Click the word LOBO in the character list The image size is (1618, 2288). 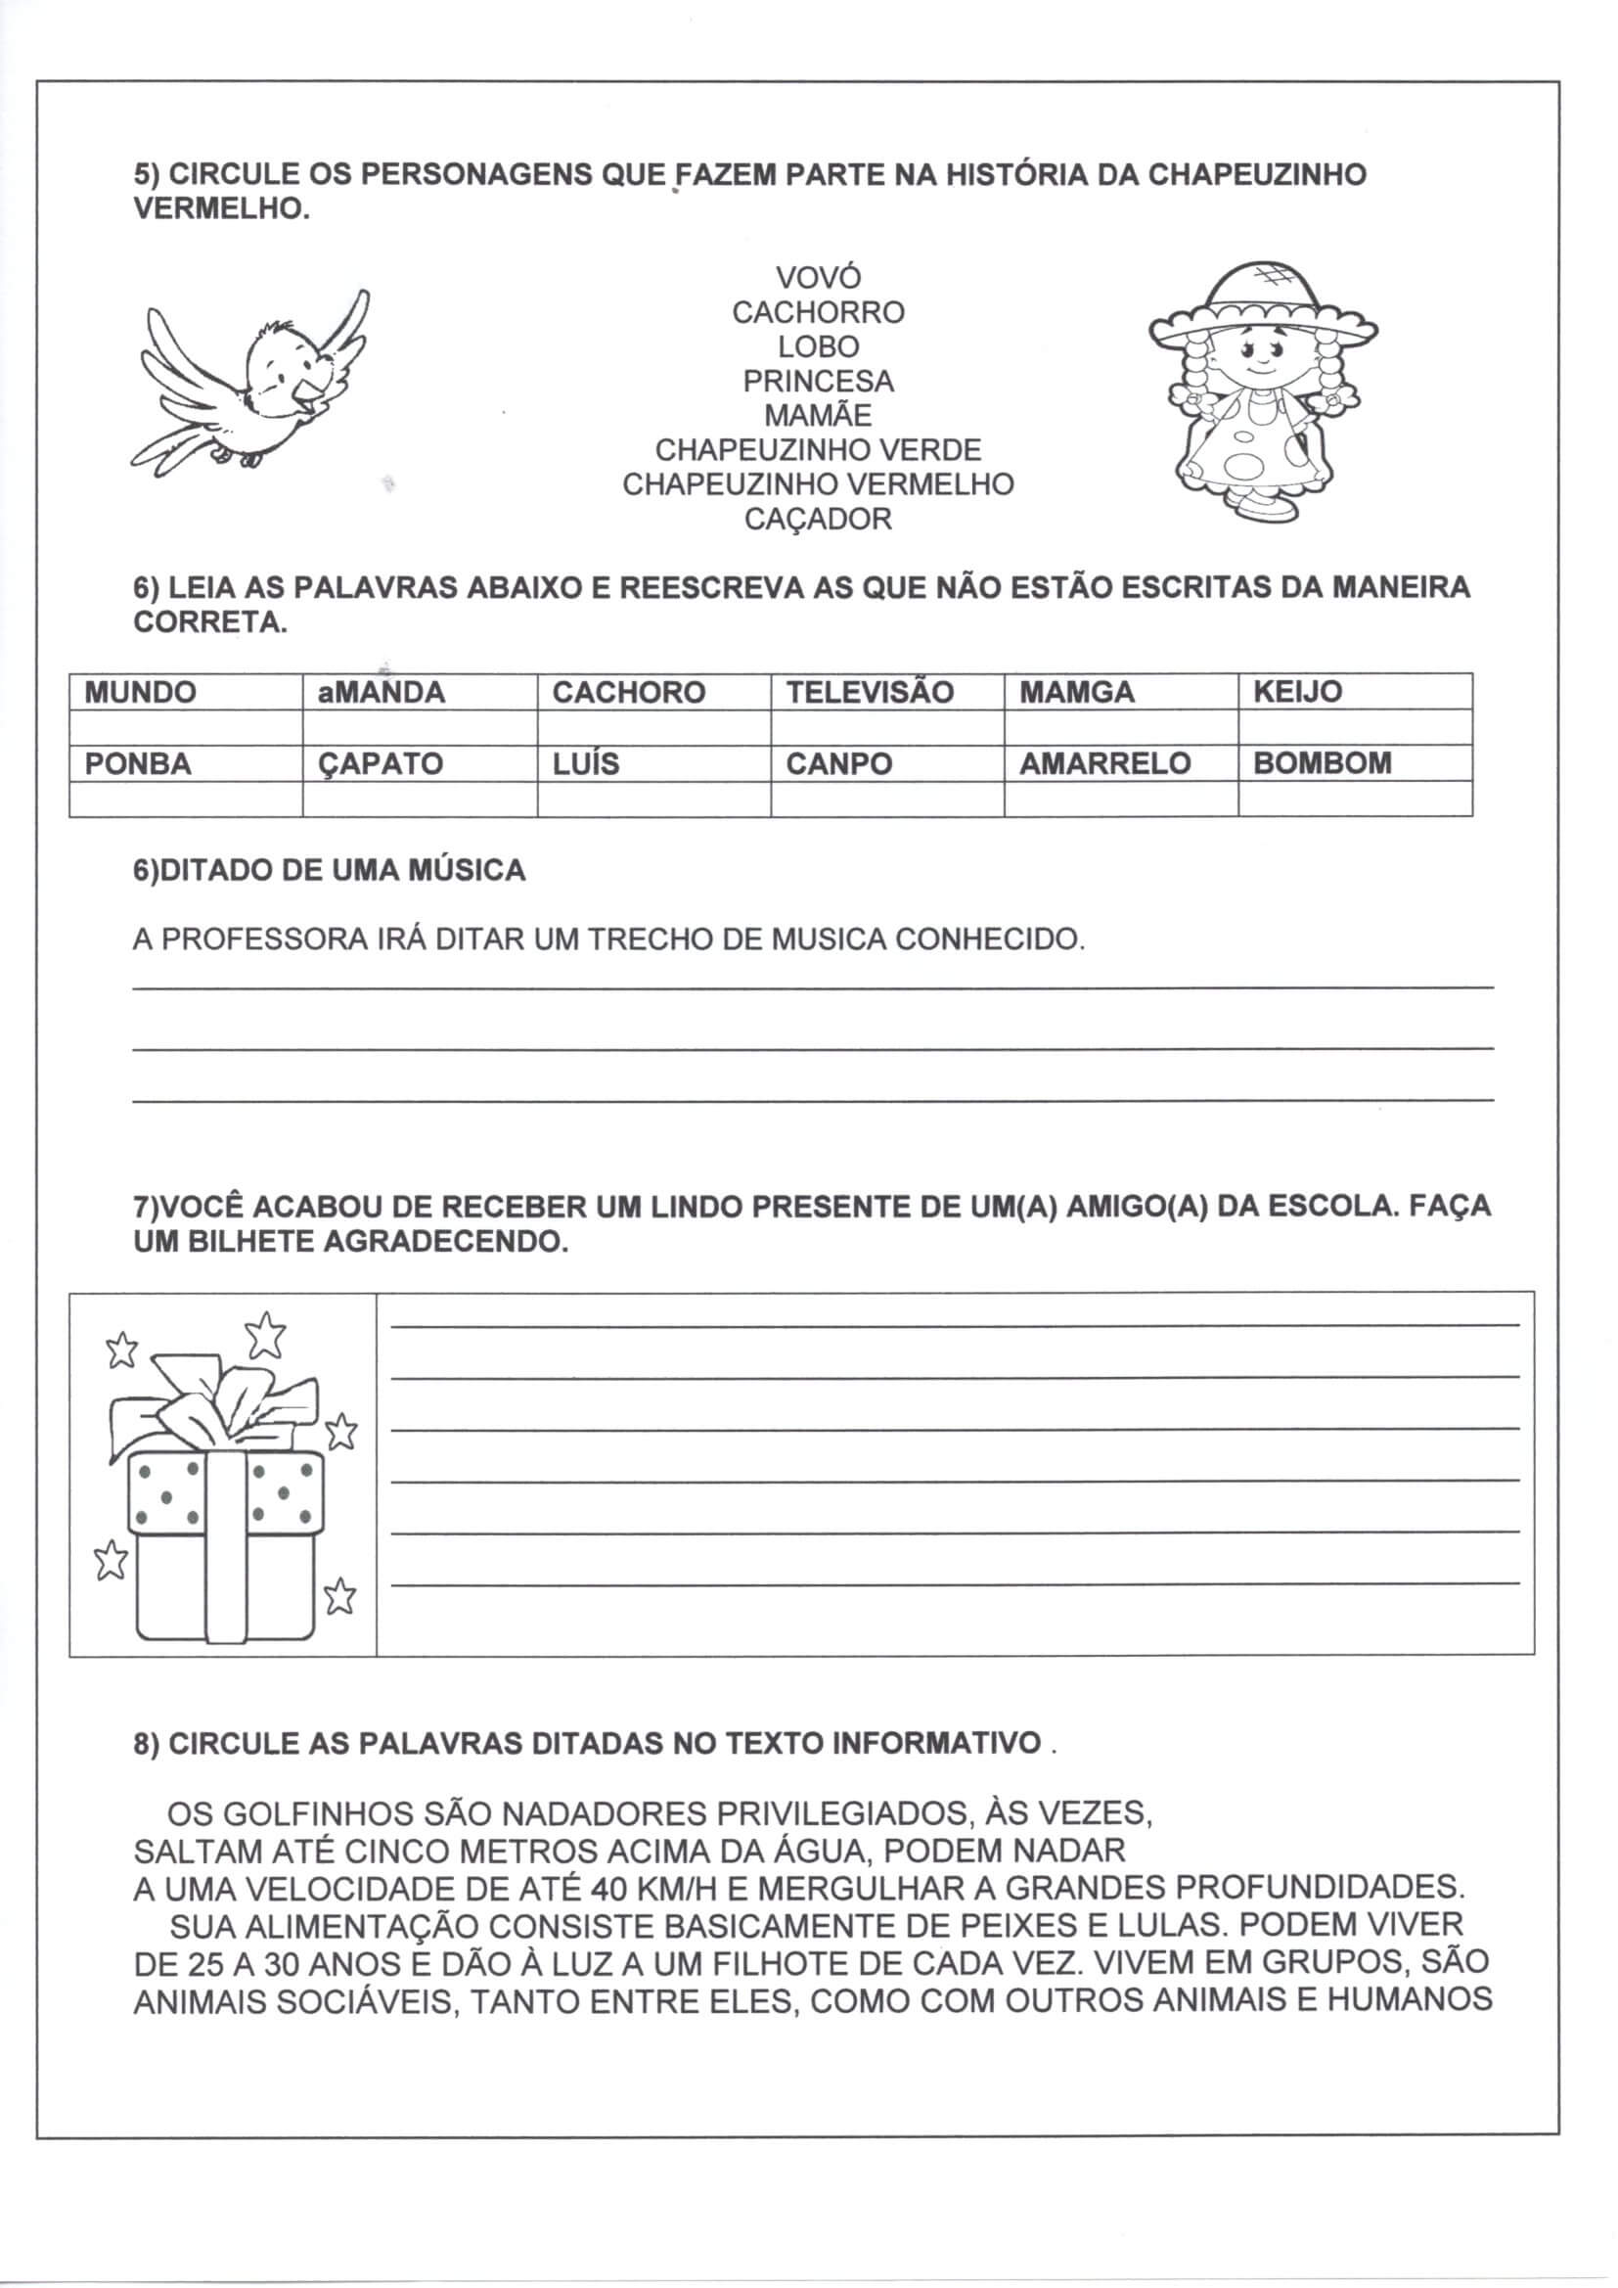[818, 346]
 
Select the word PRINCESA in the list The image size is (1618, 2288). [818, 382]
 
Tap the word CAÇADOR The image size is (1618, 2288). [818, 520]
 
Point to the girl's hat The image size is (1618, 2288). [1262, 304]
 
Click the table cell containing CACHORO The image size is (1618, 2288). [652, 692]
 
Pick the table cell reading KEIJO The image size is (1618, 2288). [1354, 692]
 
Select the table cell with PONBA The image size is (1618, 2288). [185, 763]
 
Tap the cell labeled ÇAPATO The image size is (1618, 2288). [419, 763]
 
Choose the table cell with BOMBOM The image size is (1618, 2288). [1354, 763]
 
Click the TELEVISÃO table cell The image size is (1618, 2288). [886, 692]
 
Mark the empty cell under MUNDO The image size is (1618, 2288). [185, 726]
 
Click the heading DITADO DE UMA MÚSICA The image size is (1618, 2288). [329, 871]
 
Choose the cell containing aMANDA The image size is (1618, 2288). [419, 692]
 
